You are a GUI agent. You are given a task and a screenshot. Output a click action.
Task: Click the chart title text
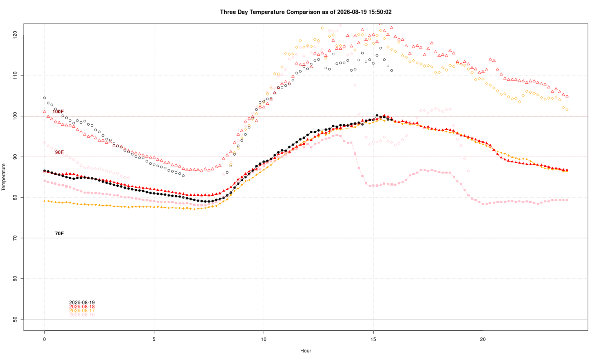tap(306, 12)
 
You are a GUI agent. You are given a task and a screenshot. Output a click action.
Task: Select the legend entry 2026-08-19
tap(82, 303)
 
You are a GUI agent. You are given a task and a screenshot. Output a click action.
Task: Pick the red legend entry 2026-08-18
tap(82, 307)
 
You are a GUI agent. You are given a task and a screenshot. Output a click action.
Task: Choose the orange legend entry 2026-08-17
tap(82, 311)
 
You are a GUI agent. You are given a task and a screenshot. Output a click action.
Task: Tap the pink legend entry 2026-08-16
tap(82, 315)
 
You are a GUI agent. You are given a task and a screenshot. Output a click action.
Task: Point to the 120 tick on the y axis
tap(15, 35)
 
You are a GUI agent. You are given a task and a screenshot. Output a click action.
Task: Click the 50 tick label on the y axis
tap(15, 319)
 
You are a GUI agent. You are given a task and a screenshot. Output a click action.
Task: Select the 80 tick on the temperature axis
tap(15, 198)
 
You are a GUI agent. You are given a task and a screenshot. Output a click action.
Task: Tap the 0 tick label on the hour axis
tap(44, 339)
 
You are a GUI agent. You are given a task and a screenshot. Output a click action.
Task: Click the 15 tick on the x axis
tap(373, 339)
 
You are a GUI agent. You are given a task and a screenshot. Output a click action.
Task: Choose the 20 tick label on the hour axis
tap(483, 339)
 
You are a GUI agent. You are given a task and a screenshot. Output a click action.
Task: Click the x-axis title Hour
tap(306, 351)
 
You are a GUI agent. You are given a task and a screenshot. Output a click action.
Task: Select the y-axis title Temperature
tap(4, 177)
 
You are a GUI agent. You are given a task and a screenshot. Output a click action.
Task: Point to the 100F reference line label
tap(58, 112)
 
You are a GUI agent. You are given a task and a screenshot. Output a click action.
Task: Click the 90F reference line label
tap(60, 152)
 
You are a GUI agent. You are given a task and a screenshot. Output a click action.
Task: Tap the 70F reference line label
tap(60, 234)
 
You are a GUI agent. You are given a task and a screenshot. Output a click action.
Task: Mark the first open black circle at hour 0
tap(44, 98)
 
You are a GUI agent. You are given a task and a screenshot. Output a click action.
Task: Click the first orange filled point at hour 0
tap(44, 201)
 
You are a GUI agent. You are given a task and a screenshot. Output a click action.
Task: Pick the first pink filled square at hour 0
tap(44, 181)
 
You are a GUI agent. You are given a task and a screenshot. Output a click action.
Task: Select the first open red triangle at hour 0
tap(44, 112)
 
